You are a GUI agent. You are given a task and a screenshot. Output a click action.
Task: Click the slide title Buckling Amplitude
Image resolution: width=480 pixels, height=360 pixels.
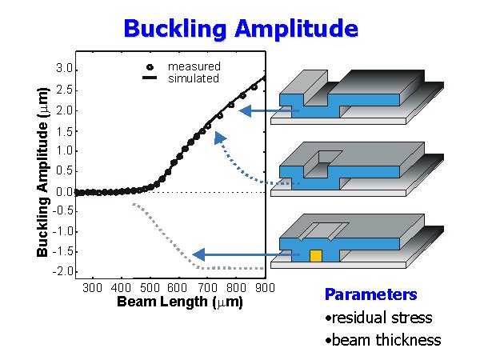click(240, 29)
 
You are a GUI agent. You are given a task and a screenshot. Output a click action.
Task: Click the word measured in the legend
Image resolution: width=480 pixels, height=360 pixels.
click(194, 66)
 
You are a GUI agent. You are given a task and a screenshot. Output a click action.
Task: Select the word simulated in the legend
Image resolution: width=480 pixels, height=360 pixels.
click(193, 78)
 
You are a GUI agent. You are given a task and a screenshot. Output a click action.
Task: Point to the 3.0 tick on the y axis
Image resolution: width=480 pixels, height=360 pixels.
click(64, 69)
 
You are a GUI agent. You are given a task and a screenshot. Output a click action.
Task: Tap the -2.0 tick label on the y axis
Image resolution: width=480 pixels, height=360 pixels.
click(62, 272)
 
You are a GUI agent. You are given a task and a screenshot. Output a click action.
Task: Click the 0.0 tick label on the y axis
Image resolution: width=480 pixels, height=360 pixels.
click(64, 192)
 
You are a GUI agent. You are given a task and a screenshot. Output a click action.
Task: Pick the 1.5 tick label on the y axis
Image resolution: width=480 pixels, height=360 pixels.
click(64, 130)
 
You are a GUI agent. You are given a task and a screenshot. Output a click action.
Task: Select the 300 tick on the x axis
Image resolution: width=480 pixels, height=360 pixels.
click(93, 288)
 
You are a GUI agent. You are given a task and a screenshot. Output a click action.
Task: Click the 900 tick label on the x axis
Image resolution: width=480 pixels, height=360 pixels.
click(266, 288)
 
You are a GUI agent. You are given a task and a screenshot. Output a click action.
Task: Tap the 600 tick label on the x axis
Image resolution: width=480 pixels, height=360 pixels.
click(179, 288)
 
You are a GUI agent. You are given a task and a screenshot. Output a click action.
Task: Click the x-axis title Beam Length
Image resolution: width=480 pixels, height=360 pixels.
click(179, 302)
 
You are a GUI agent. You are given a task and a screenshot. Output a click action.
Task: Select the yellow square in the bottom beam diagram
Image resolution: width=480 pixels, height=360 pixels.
click(315, 256)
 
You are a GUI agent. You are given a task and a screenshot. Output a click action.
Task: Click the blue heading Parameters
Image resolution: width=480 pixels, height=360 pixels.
click(370, 294)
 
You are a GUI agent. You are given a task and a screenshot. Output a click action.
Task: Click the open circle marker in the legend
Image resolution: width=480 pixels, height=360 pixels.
click(150, 66)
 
